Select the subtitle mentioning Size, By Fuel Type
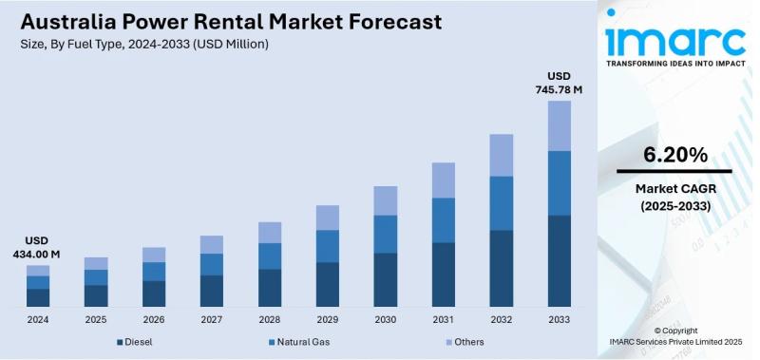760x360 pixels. coord(144,45)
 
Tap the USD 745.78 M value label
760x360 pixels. coord(559,83)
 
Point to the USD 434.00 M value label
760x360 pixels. coord(37,248)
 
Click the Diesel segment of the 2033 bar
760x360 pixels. coord(560,260)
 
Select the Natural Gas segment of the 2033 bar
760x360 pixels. coord(560,182)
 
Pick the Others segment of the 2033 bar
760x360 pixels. coord(560,125)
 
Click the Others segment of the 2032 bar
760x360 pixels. coord(502,155)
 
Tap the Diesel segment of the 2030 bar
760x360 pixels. coord(385,279)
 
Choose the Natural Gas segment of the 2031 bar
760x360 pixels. coord(443,219)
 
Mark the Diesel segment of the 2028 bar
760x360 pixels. coord(270,287)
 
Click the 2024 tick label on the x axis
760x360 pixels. coord(37,319)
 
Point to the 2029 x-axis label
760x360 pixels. coord(327,319)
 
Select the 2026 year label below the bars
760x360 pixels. coord(153,319)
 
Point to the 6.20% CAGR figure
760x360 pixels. coord(674,155)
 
